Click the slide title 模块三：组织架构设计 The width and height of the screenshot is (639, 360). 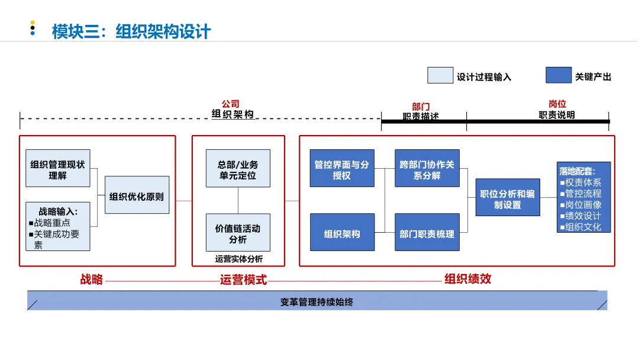point(131,31)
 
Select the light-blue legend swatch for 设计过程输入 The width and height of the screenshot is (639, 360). point(440,76)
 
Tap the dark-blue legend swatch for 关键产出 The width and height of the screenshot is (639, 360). point(558,76)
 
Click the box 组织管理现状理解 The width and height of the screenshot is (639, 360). point(58,169)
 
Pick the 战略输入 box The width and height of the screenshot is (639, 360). point(58,226)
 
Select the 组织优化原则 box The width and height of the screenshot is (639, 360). point(137,195)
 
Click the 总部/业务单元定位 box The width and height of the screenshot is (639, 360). point(238,169)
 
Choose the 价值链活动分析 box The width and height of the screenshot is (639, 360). point(238,233)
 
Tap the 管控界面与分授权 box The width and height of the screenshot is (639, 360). point(342,169)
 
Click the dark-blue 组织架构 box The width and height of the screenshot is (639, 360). point(342,233)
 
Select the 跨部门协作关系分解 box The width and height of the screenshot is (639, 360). point(427,169)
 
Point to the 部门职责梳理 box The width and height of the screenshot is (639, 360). point(427,233)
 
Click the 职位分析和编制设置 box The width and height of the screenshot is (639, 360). point(508,198)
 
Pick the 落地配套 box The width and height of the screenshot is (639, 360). point(583,197)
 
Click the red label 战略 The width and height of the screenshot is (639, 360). point(92,279)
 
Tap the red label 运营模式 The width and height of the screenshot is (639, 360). point(243,279)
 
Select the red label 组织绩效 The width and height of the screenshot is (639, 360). point(467,279)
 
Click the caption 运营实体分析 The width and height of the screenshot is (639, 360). point(238,259)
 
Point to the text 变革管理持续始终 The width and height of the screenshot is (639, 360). point(317,301)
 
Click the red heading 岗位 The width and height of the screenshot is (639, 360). point(557,104)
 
